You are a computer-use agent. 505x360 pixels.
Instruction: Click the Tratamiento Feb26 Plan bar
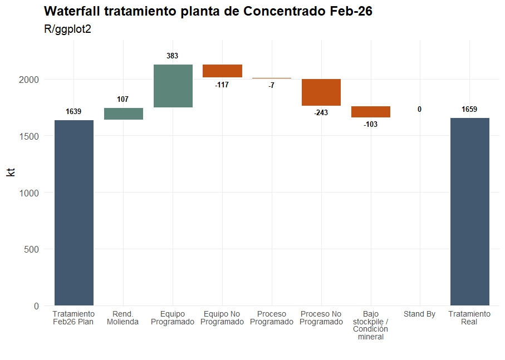point(73,213)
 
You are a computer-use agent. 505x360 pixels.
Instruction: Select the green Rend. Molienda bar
point(123,114)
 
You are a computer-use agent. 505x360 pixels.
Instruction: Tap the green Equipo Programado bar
point(173,86)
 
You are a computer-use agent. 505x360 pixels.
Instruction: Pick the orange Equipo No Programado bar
point(222,71)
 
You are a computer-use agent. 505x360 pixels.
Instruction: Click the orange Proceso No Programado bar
point(321,92)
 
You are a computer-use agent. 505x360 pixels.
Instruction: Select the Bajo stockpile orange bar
point(371,111)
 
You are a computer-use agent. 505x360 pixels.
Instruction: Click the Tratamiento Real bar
point(469,211)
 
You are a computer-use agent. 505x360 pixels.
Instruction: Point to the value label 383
point(173,56)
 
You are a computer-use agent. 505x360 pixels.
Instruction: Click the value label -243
point(321,113)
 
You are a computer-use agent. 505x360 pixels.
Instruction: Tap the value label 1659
point(469,110)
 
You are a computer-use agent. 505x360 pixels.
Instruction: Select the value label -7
point(271,86)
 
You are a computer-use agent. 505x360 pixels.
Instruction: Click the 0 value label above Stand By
point(419,110)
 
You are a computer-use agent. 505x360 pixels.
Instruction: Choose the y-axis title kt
point(11,172)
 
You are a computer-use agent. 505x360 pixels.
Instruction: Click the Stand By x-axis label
point(419,314)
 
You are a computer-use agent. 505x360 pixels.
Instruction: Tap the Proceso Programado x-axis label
point(272,318)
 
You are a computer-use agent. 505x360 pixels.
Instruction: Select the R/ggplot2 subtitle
point(67,29)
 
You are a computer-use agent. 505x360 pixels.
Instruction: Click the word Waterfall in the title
point(70,11)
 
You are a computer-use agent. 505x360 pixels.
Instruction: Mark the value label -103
point(370,125)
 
